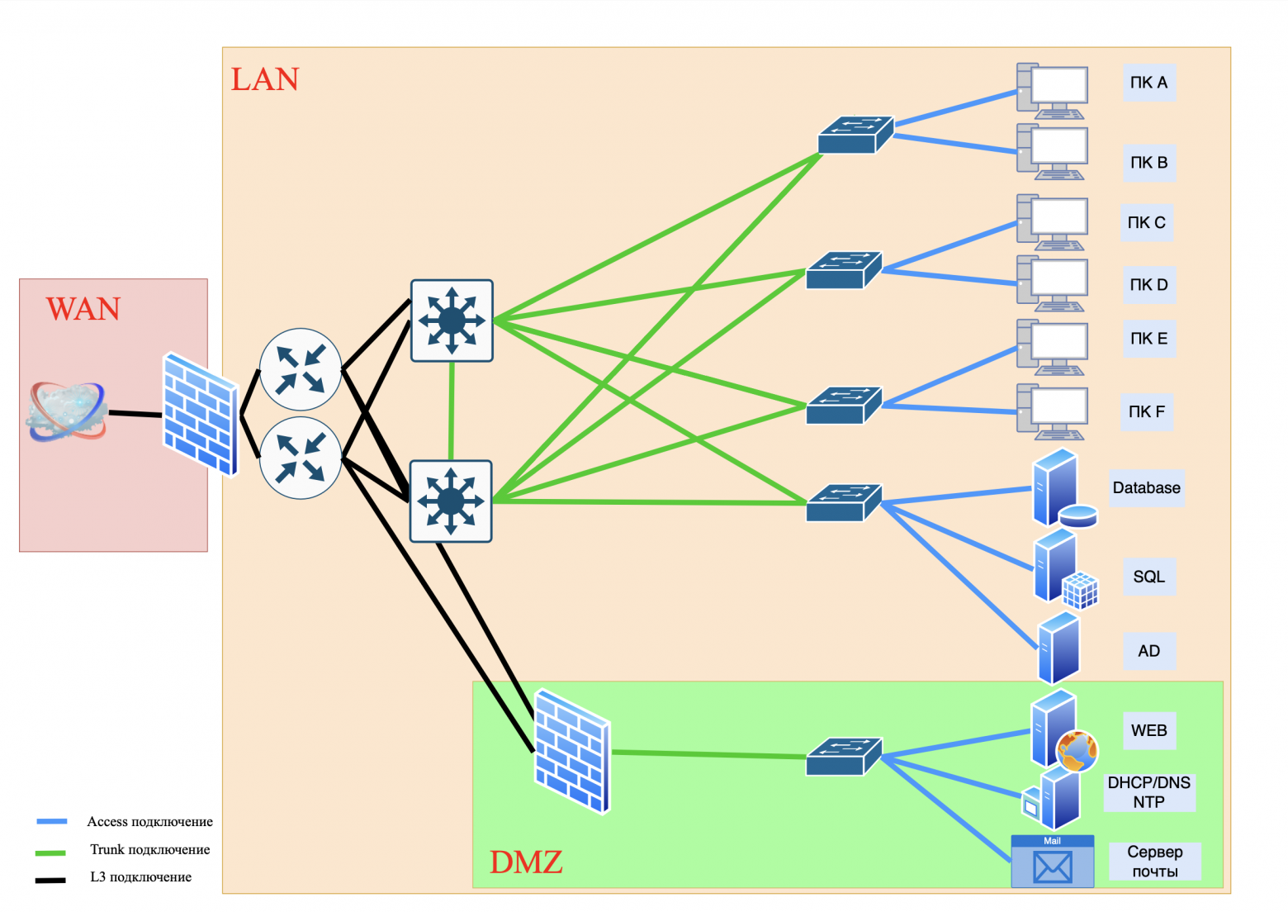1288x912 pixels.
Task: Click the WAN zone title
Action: [83, 309]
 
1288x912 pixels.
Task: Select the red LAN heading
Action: [264, 79]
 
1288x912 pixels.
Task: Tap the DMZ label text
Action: [526, 862]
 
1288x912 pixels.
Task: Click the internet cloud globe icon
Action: [67, 411]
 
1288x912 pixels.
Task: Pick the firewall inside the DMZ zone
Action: [572, 751]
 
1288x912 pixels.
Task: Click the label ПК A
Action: [1148, 83]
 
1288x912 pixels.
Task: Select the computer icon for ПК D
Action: [1053, 283]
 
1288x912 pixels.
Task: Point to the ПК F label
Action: [1146, 411]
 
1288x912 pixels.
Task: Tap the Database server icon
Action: [1063, 488]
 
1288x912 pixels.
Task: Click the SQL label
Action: [1148, 577]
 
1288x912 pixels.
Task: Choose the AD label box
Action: [1148, 651]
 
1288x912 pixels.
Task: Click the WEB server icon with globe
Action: [1063, 731]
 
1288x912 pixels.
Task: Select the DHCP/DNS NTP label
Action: [1149, 792]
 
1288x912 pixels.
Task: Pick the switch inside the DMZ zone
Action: [844, 756]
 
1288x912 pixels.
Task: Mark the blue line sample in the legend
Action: [51, 821]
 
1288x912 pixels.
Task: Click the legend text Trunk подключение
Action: [149, 849]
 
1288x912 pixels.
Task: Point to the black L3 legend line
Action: [50, 880]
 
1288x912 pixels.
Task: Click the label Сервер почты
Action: [1154, 862]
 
